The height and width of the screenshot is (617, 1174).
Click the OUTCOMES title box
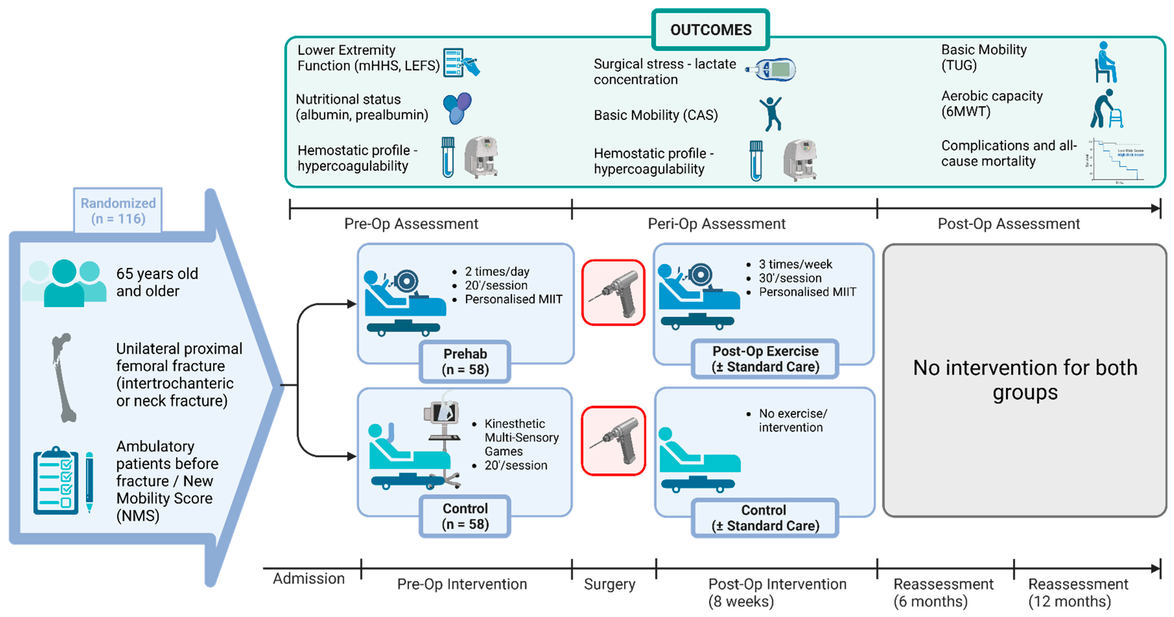pyautogui.click(x=710, y=30)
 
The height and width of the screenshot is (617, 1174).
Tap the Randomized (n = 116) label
pyautogui.click(x=118, y=211)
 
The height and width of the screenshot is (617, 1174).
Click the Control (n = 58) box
pyautogui.click(x=465, y=516)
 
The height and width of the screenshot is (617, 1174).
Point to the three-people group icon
pyautogui.click(x=64, y=283)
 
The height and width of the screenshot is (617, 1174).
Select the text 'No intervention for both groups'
pyautogui.click(x=1025, y=380)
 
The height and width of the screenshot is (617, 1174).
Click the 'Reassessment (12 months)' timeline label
pyautogui.click(x=1078, y=592)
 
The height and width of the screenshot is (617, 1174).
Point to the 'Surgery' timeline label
pyautogui.click(x=609, y=584)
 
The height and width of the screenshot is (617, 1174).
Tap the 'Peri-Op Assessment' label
pyautogui.click(x=716, y=224)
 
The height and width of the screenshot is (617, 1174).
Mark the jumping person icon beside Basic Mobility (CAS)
pyautogui.click(x=771, y=114)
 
